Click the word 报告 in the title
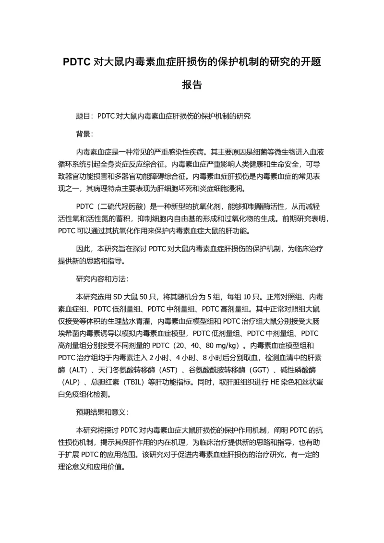click(x=192, y=85)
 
